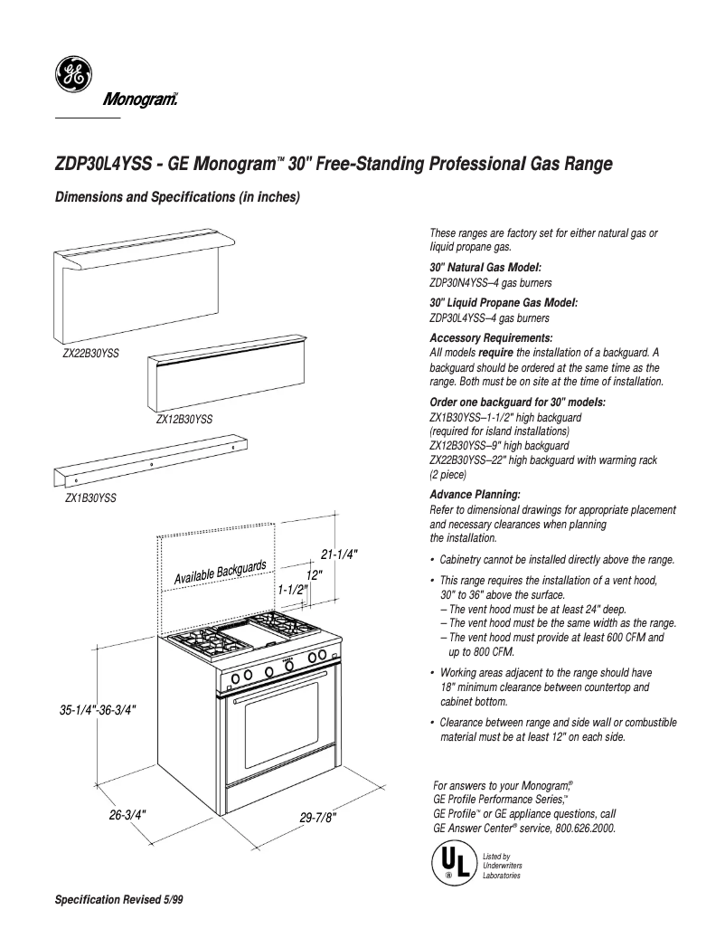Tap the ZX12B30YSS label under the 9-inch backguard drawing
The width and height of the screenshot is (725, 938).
point(184,420)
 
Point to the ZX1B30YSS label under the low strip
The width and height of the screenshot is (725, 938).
point(89,497)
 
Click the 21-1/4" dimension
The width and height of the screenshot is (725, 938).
point(339,554)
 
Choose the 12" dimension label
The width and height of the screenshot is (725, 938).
point(315,574)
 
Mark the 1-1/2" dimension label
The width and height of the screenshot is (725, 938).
point(293,590)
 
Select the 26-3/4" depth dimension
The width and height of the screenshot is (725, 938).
point(128,814)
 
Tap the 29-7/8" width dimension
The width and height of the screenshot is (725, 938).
point(317,818)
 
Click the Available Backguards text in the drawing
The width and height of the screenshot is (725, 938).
point(220,572)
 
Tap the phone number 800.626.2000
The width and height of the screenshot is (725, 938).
point(583,827)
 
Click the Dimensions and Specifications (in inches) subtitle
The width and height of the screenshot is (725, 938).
point(177,196)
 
